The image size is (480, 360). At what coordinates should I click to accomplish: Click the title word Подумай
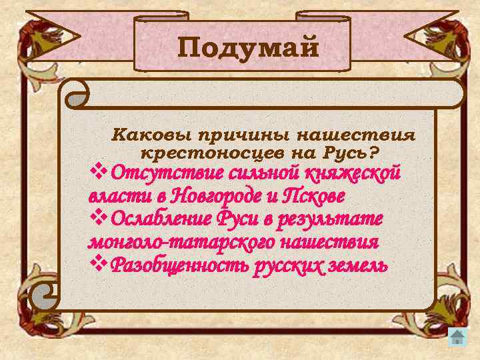pyautogui.click(x=249, y=48)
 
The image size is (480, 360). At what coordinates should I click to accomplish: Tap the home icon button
pyautogui.click(x=457, y=337)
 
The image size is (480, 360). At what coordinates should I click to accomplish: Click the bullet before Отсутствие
pyautogui.click(x=98, y=173)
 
